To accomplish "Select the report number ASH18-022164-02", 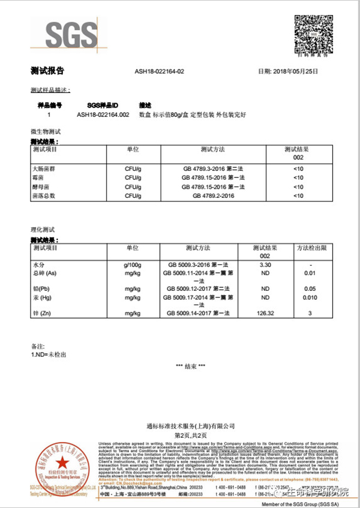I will (160, 71).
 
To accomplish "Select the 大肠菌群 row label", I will (44, 170).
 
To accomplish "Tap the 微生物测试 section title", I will (46, 131).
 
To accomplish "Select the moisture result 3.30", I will (265, 264).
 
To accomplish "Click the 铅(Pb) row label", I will (41, 288).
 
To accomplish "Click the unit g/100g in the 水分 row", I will (132, 264).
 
